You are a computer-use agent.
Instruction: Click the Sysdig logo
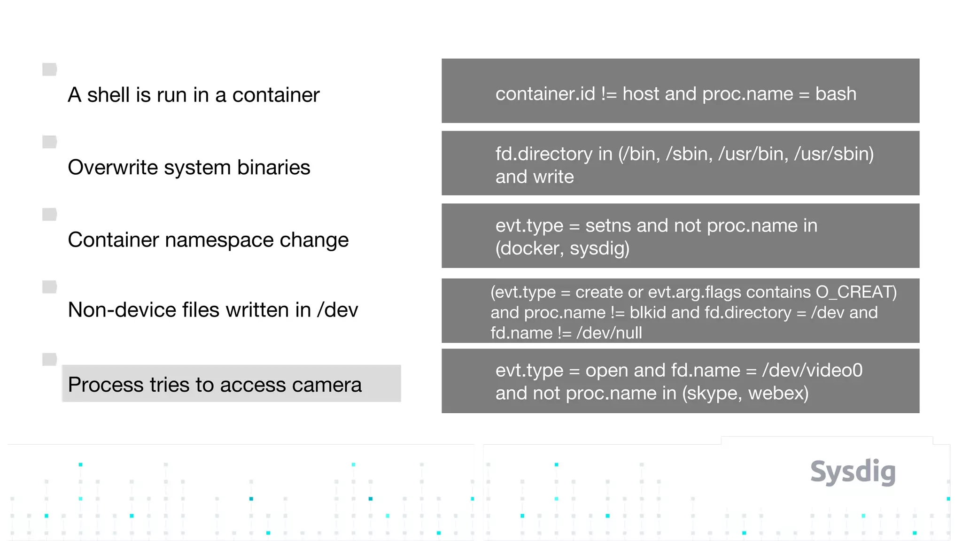(x=853, y=471)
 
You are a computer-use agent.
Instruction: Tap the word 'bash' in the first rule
(x=836, y=94)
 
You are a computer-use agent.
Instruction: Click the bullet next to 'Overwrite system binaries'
(x=49, y=142)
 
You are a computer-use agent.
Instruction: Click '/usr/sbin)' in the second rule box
(x=834, y=154)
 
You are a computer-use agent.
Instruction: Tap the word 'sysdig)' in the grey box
(x=599, y=248)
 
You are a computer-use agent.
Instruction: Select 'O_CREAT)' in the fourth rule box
(x=856, y=292)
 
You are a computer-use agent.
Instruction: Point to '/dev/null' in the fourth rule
(x=609, y=333)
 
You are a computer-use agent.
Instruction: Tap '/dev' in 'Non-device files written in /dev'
(x=337, y=310)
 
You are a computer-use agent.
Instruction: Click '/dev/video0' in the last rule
(x=812, y=371)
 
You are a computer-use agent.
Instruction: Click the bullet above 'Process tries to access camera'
(x=49, y=359)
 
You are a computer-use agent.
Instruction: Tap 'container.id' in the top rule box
(x=545, y=94)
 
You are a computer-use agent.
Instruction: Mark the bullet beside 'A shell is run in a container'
(x=49, y=70)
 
